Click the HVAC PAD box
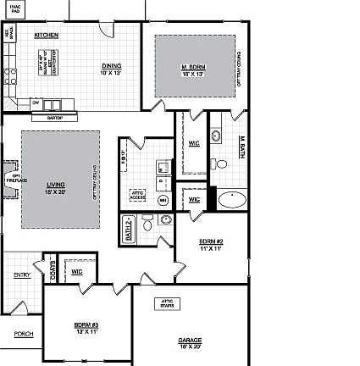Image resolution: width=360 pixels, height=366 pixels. click(x=14, y=8)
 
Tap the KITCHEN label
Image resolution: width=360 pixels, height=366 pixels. click(x=46, y=36)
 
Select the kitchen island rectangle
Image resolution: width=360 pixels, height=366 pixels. click(x=47, y=64)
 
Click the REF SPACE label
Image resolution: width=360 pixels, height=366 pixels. click(x=9, y=32)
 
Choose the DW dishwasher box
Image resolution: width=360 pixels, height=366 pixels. click(x=36, y=103)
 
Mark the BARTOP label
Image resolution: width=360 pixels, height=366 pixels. click(x=55, y=117)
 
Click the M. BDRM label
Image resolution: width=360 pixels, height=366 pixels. click(x=194, y=69)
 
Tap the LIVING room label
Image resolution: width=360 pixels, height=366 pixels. click(x=56, y=187)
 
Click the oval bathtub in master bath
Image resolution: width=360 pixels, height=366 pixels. click(x=230, y=201)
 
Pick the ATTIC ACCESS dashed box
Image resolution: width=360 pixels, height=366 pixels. click(x=137, y=196)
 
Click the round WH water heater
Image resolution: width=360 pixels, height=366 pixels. click(x=163, y=200)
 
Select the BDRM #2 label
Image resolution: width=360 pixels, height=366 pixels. click(x=210, y=245)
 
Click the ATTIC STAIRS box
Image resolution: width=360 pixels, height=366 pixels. click(x=166, y=303)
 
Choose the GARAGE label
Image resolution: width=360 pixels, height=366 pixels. click(x=190, y=343)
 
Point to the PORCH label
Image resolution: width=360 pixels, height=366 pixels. click(x=24, y=334)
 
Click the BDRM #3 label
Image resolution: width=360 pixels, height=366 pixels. click(x=86, y=327)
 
